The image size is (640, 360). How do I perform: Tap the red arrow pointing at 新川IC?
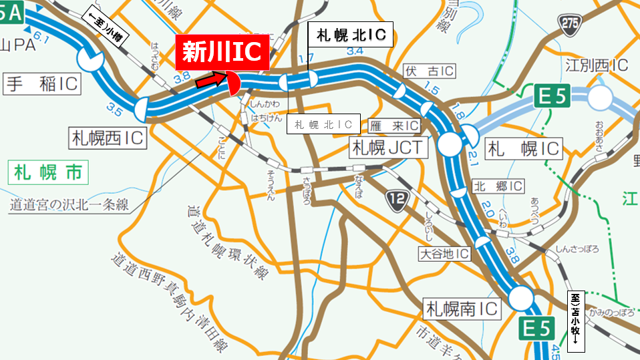coord(209,80)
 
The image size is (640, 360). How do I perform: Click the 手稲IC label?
coord(42,84)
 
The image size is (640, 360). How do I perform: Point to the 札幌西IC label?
coord(108,138)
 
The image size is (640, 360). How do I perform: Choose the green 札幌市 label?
coord(49,173)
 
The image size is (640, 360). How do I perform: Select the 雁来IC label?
coord(394,125)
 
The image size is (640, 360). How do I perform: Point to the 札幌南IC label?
coord(462,309)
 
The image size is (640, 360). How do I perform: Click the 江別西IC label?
coord(597,65)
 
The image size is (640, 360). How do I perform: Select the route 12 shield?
coord(396,198)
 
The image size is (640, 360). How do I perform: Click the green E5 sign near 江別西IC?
coord(552,98)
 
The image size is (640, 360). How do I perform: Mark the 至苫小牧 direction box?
coord(575,321)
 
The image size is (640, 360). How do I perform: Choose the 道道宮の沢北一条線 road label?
coord(69,204)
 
